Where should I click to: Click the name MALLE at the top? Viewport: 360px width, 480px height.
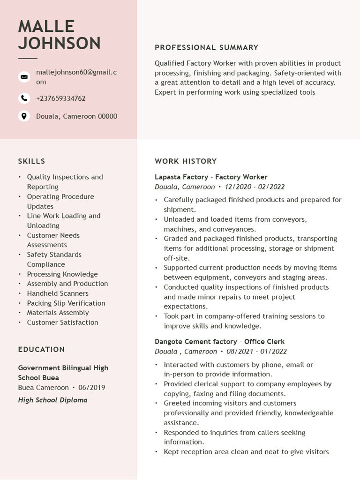click(x=46, y=27)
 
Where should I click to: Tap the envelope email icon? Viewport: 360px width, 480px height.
click(x=24, y=77)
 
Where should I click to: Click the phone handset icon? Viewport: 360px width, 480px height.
click(x=24, y=98)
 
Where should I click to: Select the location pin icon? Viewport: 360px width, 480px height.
click(x=24, y=116)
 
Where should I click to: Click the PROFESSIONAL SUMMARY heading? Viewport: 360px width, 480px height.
click(x=206, y=47)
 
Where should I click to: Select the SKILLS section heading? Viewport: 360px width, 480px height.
click(x=31, y=161)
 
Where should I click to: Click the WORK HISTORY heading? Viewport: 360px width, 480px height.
click(x=186, y=161)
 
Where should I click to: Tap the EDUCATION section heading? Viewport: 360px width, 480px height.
click(x=41, y=350)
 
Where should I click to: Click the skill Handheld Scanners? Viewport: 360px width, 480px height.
click(x=58, y=293)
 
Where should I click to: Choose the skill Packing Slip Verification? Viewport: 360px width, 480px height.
click(x=66, y=303)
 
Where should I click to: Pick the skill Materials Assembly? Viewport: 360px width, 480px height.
click(x=58, y=313)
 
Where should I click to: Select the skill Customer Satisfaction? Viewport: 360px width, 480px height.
click(x=62, y=322)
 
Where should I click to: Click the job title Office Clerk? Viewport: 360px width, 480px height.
click(x=264, y=342)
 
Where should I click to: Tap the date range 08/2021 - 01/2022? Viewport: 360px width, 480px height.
click(x=256, y=352)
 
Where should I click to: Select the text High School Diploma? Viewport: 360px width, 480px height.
click(x=52, y=400)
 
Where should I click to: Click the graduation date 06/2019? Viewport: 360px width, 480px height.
click(x=91, y=388)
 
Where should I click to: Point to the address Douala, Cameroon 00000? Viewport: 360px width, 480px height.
click(x=76, y=116)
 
